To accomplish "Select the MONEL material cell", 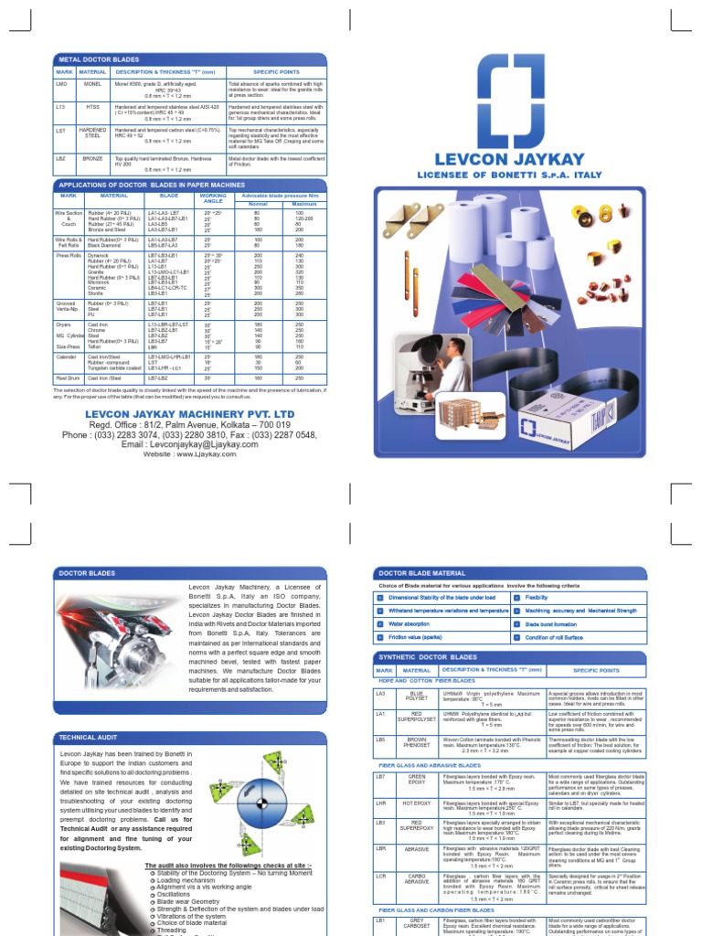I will click(x=92, y=83).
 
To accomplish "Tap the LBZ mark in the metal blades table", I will click(x=62, y=157).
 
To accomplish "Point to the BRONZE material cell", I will click(x=92, y=157).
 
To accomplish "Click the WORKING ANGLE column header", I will click(x=213, y=198).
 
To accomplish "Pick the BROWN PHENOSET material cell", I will click(x=417, y=744).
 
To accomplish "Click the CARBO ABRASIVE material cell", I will click(x=417, y=878).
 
